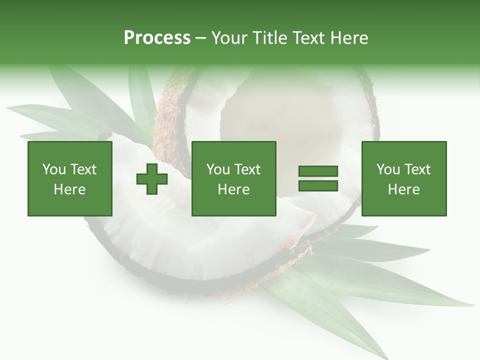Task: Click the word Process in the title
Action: [x=157, y=38]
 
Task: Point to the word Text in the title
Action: [x=310, y=38]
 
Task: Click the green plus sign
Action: [x=152, y=179]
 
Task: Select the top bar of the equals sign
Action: [x=318, y=171]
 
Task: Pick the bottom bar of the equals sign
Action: [x=318, y=185]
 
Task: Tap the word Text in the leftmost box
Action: [x=82, y=169]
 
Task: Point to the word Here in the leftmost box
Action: [x=69, y=189]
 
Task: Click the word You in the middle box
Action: [x=218, y=169]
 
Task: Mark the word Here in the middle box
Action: [x=233, y=189]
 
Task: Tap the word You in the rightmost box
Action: [x=388, y=169]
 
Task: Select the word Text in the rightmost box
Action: [x=417, y=169]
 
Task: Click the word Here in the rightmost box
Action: [x=403, y=189]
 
